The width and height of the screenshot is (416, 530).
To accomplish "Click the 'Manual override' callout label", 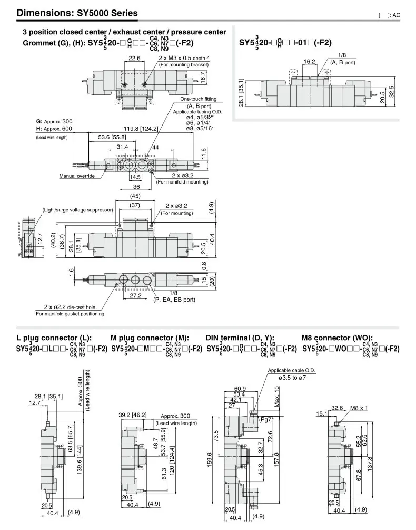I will (77, 176).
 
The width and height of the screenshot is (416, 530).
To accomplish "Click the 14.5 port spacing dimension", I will (135, 177).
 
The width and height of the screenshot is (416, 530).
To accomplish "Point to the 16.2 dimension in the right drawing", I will (309, 62).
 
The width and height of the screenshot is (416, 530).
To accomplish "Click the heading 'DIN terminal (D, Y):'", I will (240, 338).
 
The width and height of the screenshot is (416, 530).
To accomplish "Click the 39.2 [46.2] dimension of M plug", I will (132, 415).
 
